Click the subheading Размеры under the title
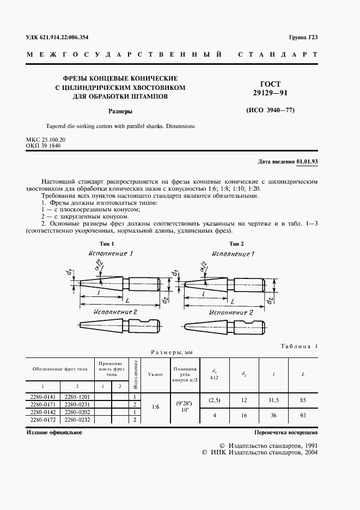point(120,111)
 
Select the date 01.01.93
point(307,162)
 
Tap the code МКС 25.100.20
point(46,140)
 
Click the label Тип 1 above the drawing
point(107,244)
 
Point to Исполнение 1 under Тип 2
point(232,254)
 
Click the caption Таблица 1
point(300,347)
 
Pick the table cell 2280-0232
point(77,420)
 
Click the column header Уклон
point(155,374)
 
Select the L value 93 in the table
point(303,416)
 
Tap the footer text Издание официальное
point(54,432)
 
